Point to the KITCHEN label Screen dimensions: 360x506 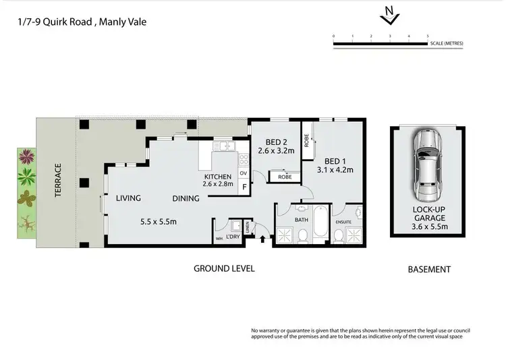click(218, 177)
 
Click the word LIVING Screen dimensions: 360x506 click(128, 198)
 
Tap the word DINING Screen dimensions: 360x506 click(186, 198)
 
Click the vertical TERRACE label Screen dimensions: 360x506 click(59, 183)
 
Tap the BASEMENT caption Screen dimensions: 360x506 click(429, 269)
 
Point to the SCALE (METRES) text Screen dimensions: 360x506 click(447, 43)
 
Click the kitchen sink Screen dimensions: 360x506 click(223, 146)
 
